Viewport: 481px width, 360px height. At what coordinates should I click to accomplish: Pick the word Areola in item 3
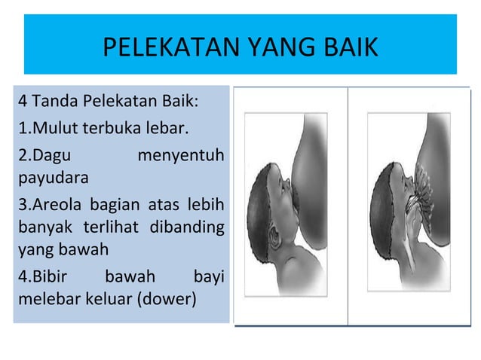pyautogui.click(x=56, y=203)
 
